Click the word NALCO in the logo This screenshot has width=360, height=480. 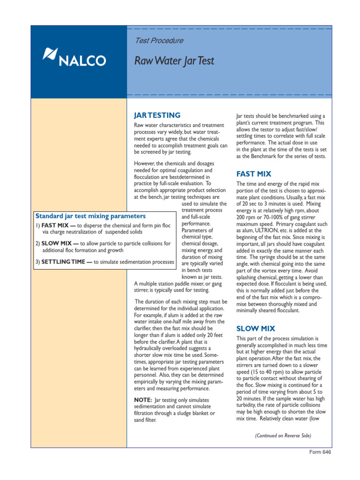pyautogui.click(x=82, y=60)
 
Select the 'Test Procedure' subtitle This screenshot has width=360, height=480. pyautogui.click(x=159, y=41)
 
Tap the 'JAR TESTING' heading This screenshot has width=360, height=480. pyautogui.click(x=157, y=115)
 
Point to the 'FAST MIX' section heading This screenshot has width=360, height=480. pyautogui.click(x=254, y=174)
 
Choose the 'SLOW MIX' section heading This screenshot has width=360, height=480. pyautogui.click(x=256, y=328)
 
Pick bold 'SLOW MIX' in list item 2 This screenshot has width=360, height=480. pyautogui.click(x=59, y=244)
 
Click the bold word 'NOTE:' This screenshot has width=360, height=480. pyautogui.click(x=143, y=399)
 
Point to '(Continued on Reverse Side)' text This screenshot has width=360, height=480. pyautogui.click(x=283, y=435)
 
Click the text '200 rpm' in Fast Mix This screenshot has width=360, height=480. pyautogui.click(x=247, y=217)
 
